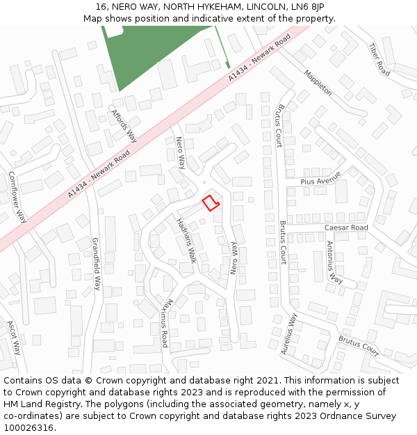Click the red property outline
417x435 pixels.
point(210,203)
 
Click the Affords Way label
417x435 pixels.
point(124,126)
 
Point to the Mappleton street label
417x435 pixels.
point(317,82)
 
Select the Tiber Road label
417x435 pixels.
point(379,59)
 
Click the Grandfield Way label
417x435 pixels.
point(97,264)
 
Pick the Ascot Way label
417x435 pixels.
point(14,338)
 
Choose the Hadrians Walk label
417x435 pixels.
point(186,240)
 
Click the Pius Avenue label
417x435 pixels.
point(320,177)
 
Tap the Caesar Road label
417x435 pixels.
point(346,228)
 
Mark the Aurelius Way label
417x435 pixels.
point(289,334)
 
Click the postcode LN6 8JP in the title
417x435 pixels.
point(309,7)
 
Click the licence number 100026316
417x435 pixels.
point(29,428)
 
